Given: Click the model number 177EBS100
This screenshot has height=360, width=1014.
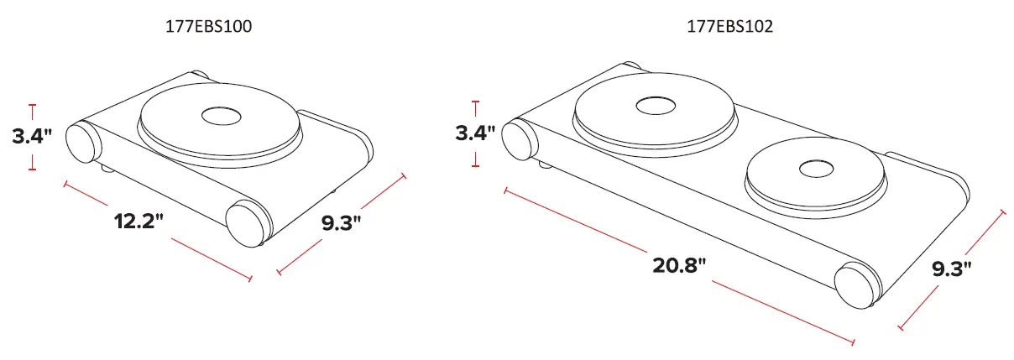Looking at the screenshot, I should click(208, 27).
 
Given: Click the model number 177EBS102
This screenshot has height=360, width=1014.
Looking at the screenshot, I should click(729, 27).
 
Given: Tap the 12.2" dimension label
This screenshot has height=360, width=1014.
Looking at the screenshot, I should click(139, 222).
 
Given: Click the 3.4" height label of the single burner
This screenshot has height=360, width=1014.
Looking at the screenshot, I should click(33, 136).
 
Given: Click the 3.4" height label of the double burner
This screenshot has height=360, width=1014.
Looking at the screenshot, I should click(475, 133).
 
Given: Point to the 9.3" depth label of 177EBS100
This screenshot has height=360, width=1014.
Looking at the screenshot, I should click(342, 223).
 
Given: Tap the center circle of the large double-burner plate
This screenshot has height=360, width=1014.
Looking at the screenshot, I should click(655, 106).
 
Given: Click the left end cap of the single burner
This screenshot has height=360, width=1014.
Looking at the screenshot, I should click(82, 142).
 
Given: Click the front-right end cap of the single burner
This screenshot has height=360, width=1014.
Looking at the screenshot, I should click(248, 222).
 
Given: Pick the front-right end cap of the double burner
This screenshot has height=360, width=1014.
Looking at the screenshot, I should click(857, 284).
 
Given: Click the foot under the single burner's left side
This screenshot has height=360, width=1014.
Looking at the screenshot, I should click(107, 169).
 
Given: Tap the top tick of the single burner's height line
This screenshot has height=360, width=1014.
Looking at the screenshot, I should click(33, 105).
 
